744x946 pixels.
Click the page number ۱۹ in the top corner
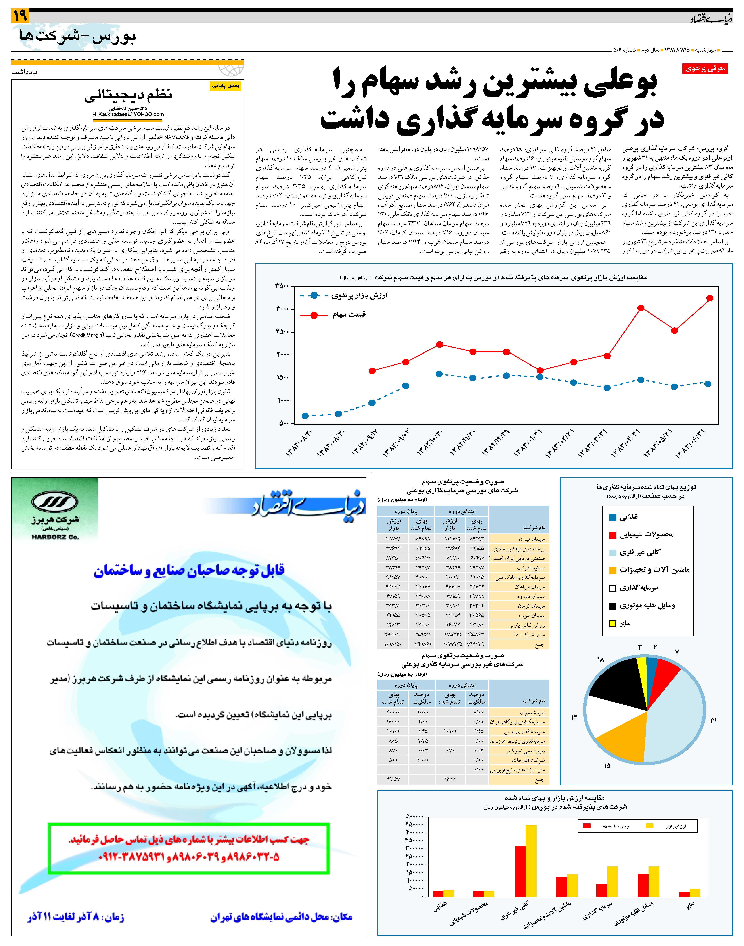coord(20,16)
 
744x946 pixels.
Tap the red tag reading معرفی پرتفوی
coord(705,68)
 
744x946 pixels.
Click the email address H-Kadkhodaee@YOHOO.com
coord(128,115)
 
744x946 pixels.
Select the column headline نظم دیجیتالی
coord(128,95)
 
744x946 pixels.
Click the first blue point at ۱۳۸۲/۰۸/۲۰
coord(305,416)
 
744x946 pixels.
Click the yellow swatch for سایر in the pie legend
coord(613,624)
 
